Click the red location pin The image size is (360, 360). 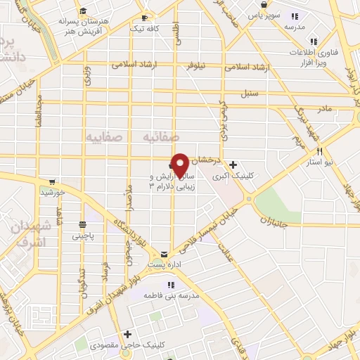181,165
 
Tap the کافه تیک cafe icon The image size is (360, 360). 145,18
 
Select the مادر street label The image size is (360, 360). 324,109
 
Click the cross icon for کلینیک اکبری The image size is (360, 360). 233,164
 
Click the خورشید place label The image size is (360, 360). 53,191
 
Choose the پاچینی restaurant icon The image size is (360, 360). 82,225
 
